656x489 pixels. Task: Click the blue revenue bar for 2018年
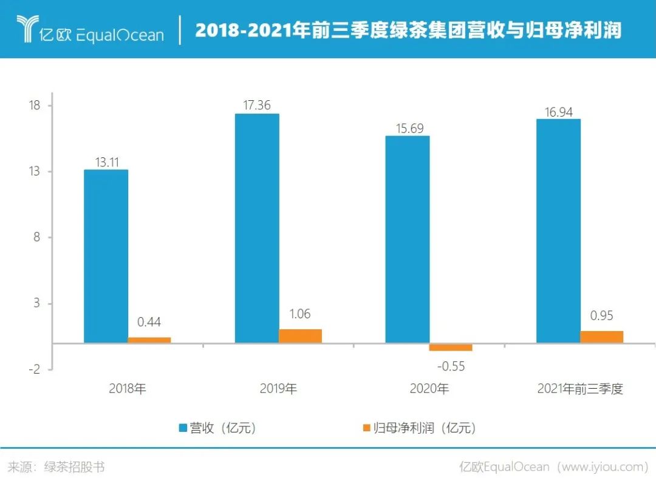(106, 256)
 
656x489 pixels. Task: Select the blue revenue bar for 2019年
(257, 228)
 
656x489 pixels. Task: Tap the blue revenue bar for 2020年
(408, 239)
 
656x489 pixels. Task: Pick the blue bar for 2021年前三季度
(558, 231)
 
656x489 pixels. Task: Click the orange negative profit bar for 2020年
(451, 347)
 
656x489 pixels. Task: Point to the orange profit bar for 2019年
(300, 336)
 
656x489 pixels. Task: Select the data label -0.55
(451, 366)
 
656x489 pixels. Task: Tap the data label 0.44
(149, 323)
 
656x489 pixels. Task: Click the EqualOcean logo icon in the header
(27, 29)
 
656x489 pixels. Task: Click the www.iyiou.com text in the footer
(601, 467)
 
